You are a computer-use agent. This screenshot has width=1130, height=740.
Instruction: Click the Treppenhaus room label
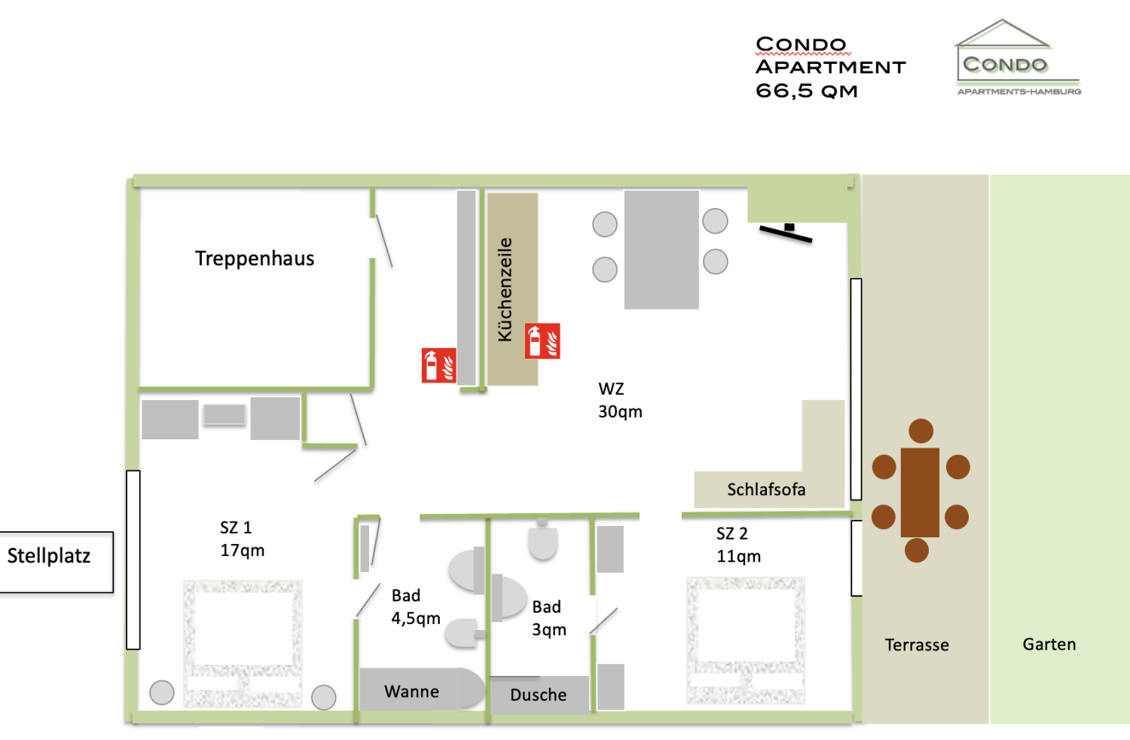click(x=255, y=258)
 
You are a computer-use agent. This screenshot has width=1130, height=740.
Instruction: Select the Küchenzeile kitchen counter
click(x=512, y=289)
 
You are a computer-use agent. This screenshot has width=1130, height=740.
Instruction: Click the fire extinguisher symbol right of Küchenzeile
click(x=542, y=341)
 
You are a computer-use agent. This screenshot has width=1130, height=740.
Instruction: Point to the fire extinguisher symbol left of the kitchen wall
click(x=438, y=365)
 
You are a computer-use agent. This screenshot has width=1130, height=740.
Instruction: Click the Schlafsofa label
click(x=766, y=490)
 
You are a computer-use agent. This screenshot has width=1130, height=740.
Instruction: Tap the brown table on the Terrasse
click(x=920, y=492)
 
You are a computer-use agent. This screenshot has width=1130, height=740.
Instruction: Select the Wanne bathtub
click(x=413, y=691)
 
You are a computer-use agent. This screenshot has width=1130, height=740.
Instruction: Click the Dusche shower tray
click(x=539, y=695)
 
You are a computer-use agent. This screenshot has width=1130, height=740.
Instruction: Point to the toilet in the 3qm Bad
click(x=542, y=540)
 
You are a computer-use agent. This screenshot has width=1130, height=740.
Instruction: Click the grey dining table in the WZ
click(x=661, y=249)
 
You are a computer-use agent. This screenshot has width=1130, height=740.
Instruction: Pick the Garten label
click(x=1049, y=644)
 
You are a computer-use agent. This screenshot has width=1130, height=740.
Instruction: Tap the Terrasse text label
click(x=917, y=645)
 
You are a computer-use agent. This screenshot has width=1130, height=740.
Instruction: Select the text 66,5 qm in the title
click(x=807, y=91)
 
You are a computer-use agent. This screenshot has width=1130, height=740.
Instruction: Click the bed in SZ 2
click(x=745, y=641)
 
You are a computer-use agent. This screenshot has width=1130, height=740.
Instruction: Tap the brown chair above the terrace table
click(x=921, y=431)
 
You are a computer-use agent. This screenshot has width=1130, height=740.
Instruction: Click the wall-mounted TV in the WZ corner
click(x=786, y=232)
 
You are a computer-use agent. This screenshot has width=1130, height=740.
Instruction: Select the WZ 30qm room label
click(x=620, y=400)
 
